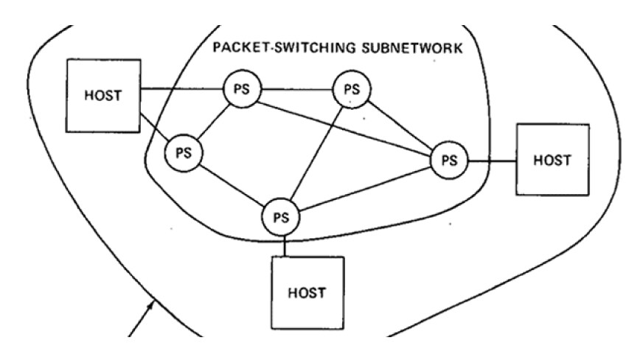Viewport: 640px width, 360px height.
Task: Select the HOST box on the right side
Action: pyautogui.click(x=552, y=159)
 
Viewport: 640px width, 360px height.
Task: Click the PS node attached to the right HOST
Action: pyautogui.click(x=449, y=159)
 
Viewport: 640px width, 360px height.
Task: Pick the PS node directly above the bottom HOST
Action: pyautogui.click(x=281, y=217)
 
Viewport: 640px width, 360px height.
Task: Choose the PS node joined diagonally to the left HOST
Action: pyautogui.click(x=184, y=153)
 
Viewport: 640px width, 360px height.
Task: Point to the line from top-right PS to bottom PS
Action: pyautogui.click(x=317, y=151)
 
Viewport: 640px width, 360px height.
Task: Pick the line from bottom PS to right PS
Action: pyautogui.click(x=365, y=189)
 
